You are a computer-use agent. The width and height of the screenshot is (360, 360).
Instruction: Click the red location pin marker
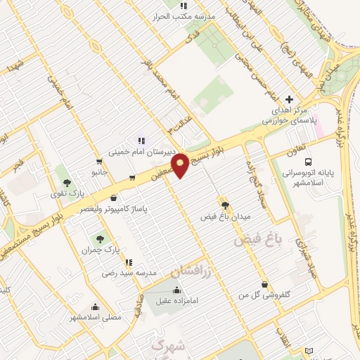point(181,165)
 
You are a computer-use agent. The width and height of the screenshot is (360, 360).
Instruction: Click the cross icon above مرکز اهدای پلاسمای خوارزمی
point(289,100)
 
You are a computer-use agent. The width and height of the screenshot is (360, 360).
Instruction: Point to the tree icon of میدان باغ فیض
point(225,205)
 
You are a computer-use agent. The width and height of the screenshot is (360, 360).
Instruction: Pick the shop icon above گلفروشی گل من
point(264,284)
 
